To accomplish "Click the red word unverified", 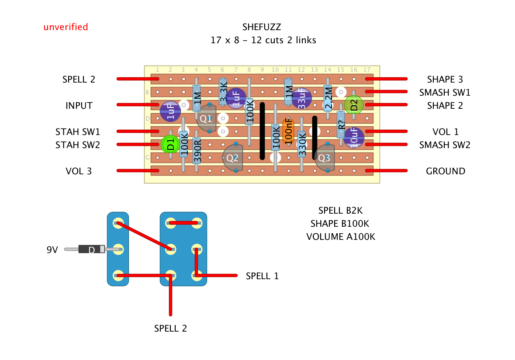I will pyautogui.click(x=66, y=27).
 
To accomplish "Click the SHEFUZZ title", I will pyautogui.click(x=263, y=27).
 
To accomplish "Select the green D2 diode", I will pyautogui.click(x=354, y=105).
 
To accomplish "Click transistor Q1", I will pyautogui.click(x=206, y=118).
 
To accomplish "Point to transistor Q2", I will pyautogui.click(x=233, y=158).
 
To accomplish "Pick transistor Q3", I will pyautogui.click(x=325, y=158).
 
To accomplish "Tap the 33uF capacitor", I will pyautogui.click(x=301, y=98).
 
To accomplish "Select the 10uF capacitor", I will pyautogui.click(x=353, y=138).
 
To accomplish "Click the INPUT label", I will pyautogui.click(x=79, y=106).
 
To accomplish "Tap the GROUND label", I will pyautogui.click(x=445, y=171).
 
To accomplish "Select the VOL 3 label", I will pyautogui.click(x=79, y=171).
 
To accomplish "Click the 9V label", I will pyautogui.click(x=52, y=250).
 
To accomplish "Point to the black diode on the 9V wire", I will pyautogui.click(x=92, y=249).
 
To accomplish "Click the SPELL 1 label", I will pyautogui.click(x=262, y=276).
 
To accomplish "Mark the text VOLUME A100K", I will pyautogui.click(x=341, y=237).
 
